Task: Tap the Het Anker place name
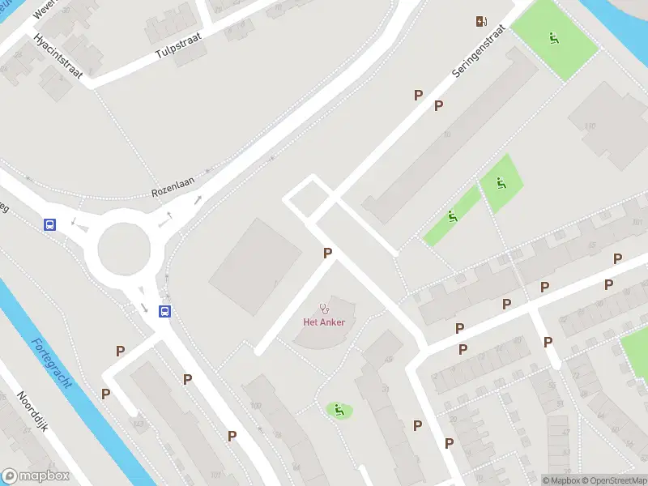coord(324,322)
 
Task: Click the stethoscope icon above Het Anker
coord(325,308)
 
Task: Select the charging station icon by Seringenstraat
coord(482,21)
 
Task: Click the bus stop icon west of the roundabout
coord(50,224)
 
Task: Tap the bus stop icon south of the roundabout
coord(164,310)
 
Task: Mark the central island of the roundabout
coord(124,248)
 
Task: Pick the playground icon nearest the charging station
coord(554,37)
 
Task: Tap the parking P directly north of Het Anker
coord(327,254)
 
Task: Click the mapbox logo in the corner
coord(35,476)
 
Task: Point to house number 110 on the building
coord(590,126)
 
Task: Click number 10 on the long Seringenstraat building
coord(447,134)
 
